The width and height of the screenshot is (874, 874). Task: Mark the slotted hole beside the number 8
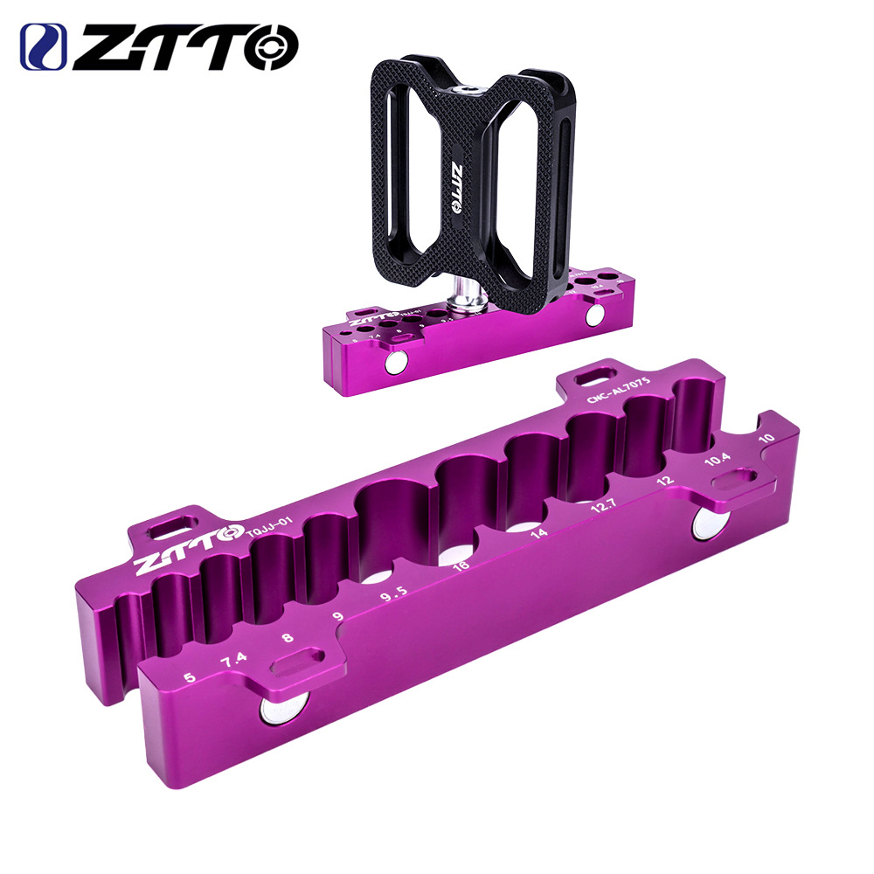point(297,661)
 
